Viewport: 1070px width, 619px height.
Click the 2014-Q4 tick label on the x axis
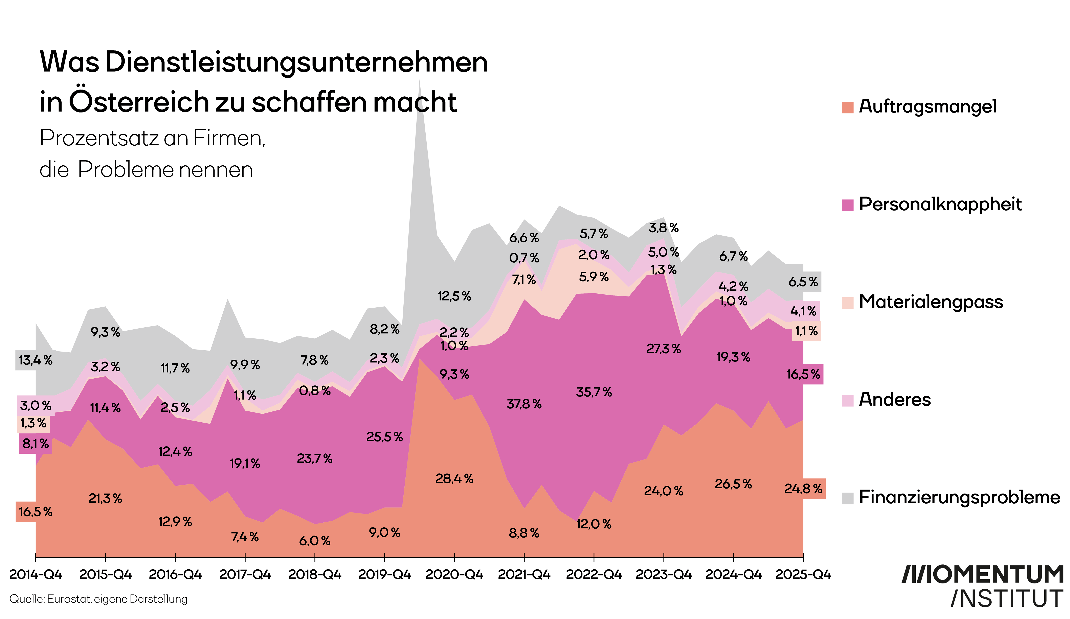36,574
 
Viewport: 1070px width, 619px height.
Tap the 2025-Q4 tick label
803,574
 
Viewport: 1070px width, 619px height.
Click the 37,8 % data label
524,404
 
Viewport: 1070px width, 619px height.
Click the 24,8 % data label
803,489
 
